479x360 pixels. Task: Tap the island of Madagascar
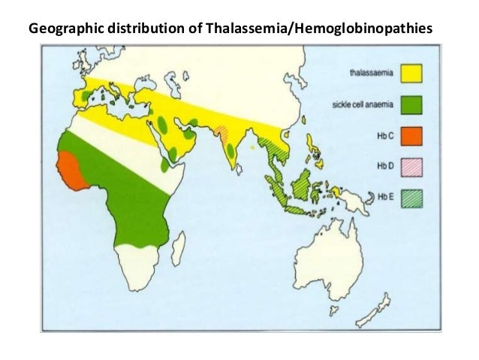coord(178,248)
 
